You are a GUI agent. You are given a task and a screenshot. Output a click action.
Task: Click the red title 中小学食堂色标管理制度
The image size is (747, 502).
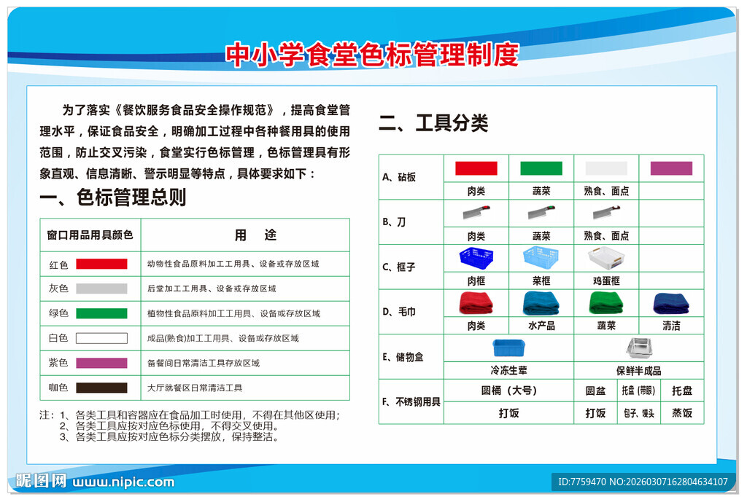(372, 55)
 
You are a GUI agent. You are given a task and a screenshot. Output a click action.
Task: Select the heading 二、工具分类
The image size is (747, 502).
(433, 123)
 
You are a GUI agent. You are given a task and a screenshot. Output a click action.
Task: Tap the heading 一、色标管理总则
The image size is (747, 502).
(113, 197)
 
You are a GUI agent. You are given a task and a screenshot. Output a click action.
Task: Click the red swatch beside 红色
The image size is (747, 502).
(101, 264)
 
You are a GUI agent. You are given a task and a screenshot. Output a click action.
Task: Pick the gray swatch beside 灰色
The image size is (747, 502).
(101, 289)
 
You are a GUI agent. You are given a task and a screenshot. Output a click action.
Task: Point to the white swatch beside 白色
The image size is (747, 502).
(101, 338)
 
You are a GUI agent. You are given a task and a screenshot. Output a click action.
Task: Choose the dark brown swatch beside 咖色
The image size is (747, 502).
(101, 388)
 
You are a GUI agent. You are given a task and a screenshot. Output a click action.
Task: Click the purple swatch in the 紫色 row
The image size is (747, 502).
(101, 363)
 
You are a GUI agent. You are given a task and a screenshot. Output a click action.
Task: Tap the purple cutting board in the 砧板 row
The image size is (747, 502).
(671, 168)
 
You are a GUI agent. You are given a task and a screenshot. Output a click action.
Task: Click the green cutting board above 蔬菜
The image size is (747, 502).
(541, 168)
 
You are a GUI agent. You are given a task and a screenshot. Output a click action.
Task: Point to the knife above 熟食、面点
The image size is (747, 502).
(606, 213)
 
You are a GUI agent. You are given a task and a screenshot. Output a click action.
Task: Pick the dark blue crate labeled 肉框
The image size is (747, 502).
(476, 258)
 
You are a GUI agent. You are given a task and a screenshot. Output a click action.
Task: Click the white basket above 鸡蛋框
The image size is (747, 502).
(606, 258)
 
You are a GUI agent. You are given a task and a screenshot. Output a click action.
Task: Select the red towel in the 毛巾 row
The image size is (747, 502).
(476, 302)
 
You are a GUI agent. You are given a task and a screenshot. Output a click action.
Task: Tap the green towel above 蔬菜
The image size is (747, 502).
(606, 302)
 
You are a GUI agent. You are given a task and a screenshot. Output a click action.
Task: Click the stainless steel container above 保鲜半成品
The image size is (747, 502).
(638, 348)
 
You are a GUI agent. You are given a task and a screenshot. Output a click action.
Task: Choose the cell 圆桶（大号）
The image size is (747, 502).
(508, 391)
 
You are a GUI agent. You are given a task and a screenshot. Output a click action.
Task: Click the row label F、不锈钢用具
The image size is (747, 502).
(411, 401)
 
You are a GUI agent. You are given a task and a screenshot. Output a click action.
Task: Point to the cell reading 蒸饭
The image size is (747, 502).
(682, 413)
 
